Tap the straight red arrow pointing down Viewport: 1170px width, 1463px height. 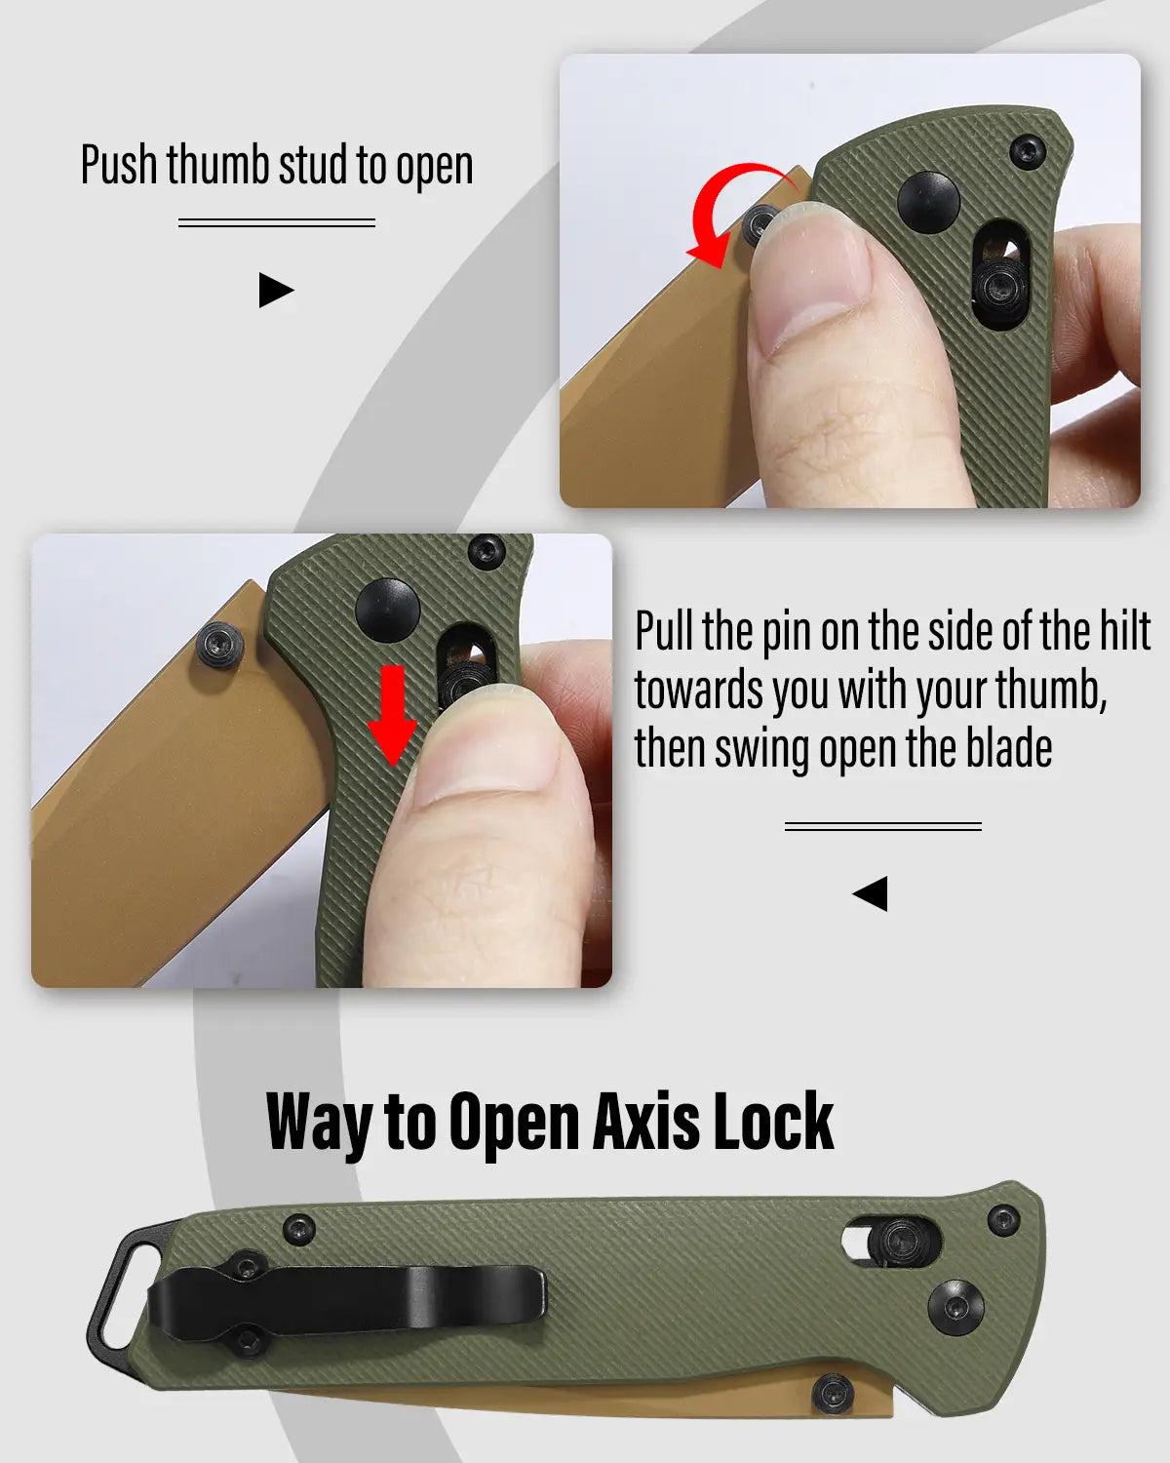pos(393,715)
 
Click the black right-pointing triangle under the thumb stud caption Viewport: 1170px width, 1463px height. pos(275,291)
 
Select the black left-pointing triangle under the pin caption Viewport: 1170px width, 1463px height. pos(871,893)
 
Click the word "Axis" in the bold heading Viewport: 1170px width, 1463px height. pos(645,1121)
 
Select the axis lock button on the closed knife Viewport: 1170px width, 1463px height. pos(902,1242)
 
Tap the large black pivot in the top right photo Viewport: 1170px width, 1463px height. pos(928,203)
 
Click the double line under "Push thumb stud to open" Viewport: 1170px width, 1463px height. pos(277,222)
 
